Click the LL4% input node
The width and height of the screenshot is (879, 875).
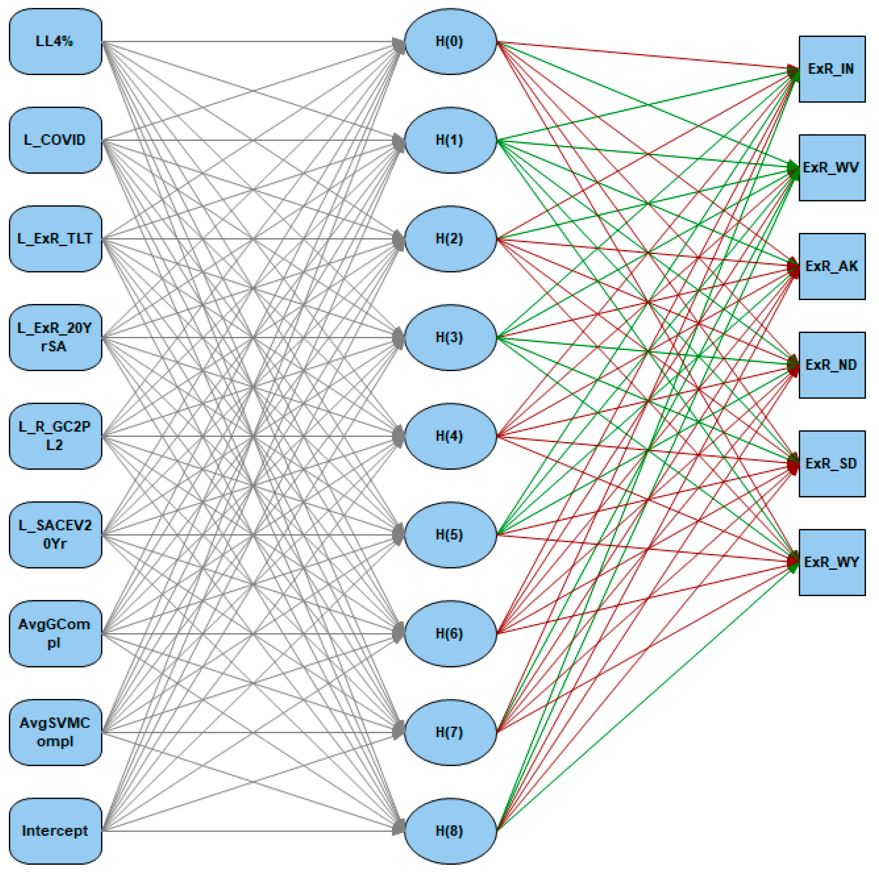[55, 41]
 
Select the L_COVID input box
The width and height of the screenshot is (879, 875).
[55, 140]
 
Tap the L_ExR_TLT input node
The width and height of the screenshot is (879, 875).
[55, 239]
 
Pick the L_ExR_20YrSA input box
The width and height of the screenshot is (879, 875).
[55, 337]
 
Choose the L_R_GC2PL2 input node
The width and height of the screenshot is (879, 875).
[55, 436]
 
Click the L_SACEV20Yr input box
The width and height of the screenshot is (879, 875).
[55, 534]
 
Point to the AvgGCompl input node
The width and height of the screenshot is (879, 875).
[55, 633]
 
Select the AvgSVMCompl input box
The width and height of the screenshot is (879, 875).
[55, 732]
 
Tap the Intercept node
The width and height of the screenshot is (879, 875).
[55, 830]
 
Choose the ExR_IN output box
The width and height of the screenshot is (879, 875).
[832, 69]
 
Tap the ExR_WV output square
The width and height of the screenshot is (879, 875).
[832, 168]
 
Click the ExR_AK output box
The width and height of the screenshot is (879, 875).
[832, 266]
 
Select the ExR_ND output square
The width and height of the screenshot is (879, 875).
[832, 365]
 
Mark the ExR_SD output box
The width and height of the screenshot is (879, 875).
[832, 464]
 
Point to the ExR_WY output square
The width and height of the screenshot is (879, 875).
[832, 562]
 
